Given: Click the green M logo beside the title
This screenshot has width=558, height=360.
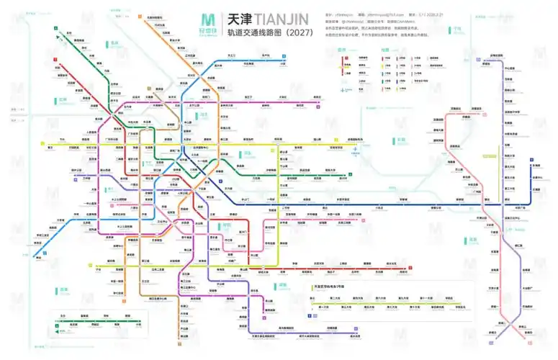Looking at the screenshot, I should coord(209,22).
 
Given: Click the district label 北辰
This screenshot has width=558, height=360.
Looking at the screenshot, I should coord(113,42).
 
